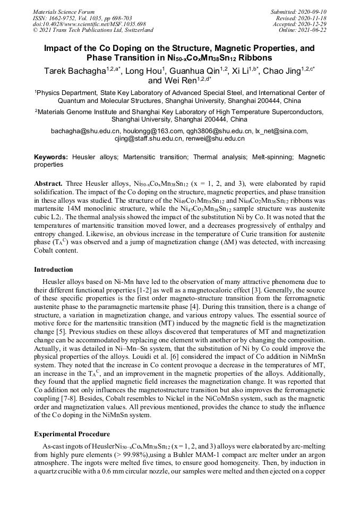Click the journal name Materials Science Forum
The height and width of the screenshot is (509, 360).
(64, 11)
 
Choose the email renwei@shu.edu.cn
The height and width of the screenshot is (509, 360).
(215, 139)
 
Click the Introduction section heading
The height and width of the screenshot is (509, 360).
(54, 270)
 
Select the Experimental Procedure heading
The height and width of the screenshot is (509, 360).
(72, 434)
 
